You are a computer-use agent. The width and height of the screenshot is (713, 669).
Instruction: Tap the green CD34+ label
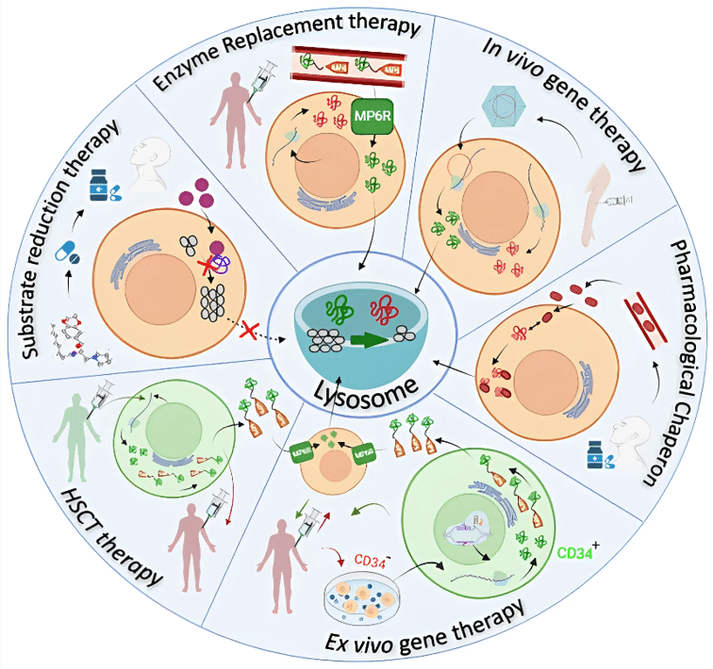576,552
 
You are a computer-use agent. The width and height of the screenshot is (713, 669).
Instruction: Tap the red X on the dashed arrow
250,332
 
